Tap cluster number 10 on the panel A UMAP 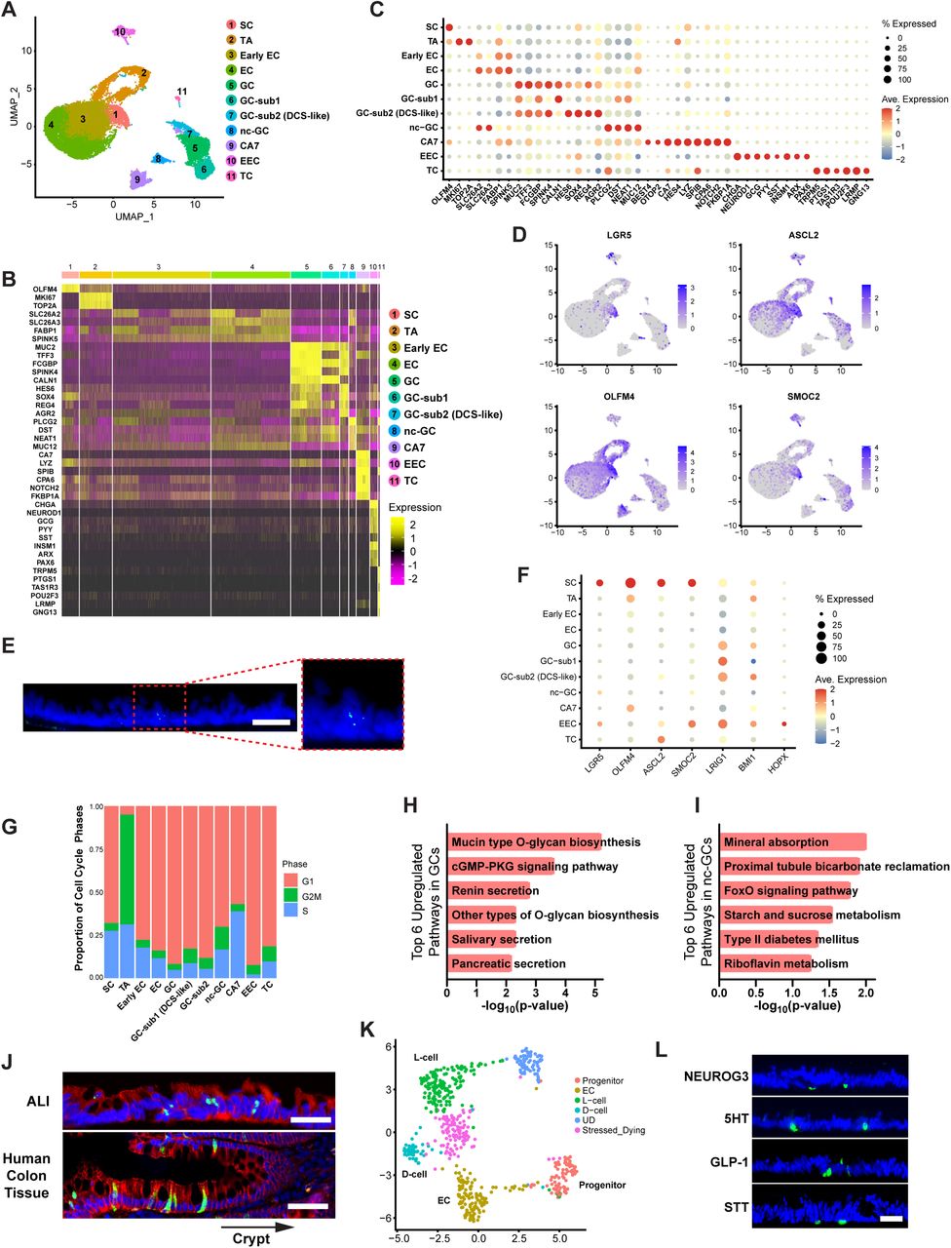click(x=119, y=32)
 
